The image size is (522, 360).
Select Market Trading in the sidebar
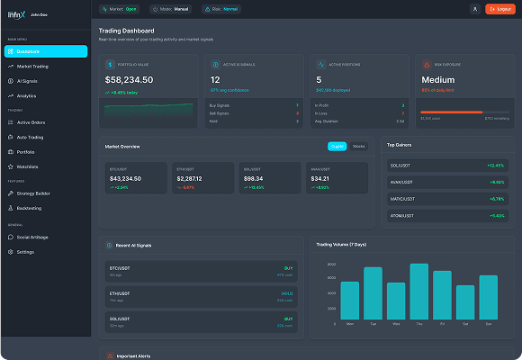pos(32,67)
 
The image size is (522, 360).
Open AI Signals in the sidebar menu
pos(27,81)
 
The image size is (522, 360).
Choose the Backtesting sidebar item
pos(30,208)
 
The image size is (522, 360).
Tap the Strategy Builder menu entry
pos(33,193)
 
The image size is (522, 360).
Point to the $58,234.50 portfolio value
pos(129,80)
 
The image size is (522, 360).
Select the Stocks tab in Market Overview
pos(359,146)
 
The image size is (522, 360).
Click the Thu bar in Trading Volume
pos(419,292)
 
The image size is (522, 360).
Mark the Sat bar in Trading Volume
pos(465,302)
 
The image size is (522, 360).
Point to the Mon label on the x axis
pos(349,323)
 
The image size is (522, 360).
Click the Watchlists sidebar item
pos(27,166)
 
